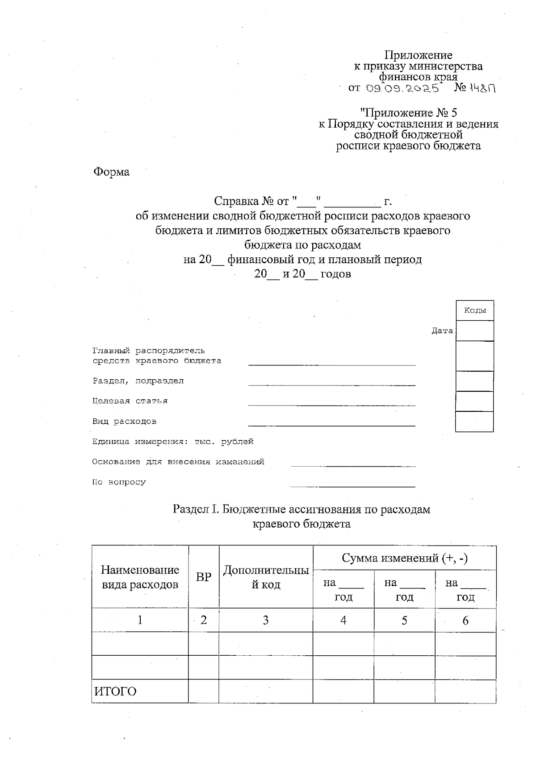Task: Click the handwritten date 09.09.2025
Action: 402,88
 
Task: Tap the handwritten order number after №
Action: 482,88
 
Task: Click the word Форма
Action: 111,172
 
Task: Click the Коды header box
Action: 475,310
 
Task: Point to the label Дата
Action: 442,331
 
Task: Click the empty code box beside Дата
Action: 475,331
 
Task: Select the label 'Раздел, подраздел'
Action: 138,381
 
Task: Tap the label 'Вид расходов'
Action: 124,421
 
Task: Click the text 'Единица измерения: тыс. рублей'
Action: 172,442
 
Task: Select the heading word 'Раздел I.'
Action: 196,509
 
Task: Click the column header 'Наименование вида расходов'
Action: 140,577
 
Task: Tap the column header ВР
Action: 204,577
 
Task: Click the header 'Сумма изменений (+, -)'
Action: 404,558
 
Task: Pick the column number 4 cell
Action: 343,620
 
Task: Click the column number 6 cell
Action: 465,620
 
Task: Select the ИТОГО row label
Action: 115,691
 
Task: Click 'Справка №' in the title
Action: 244,201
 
